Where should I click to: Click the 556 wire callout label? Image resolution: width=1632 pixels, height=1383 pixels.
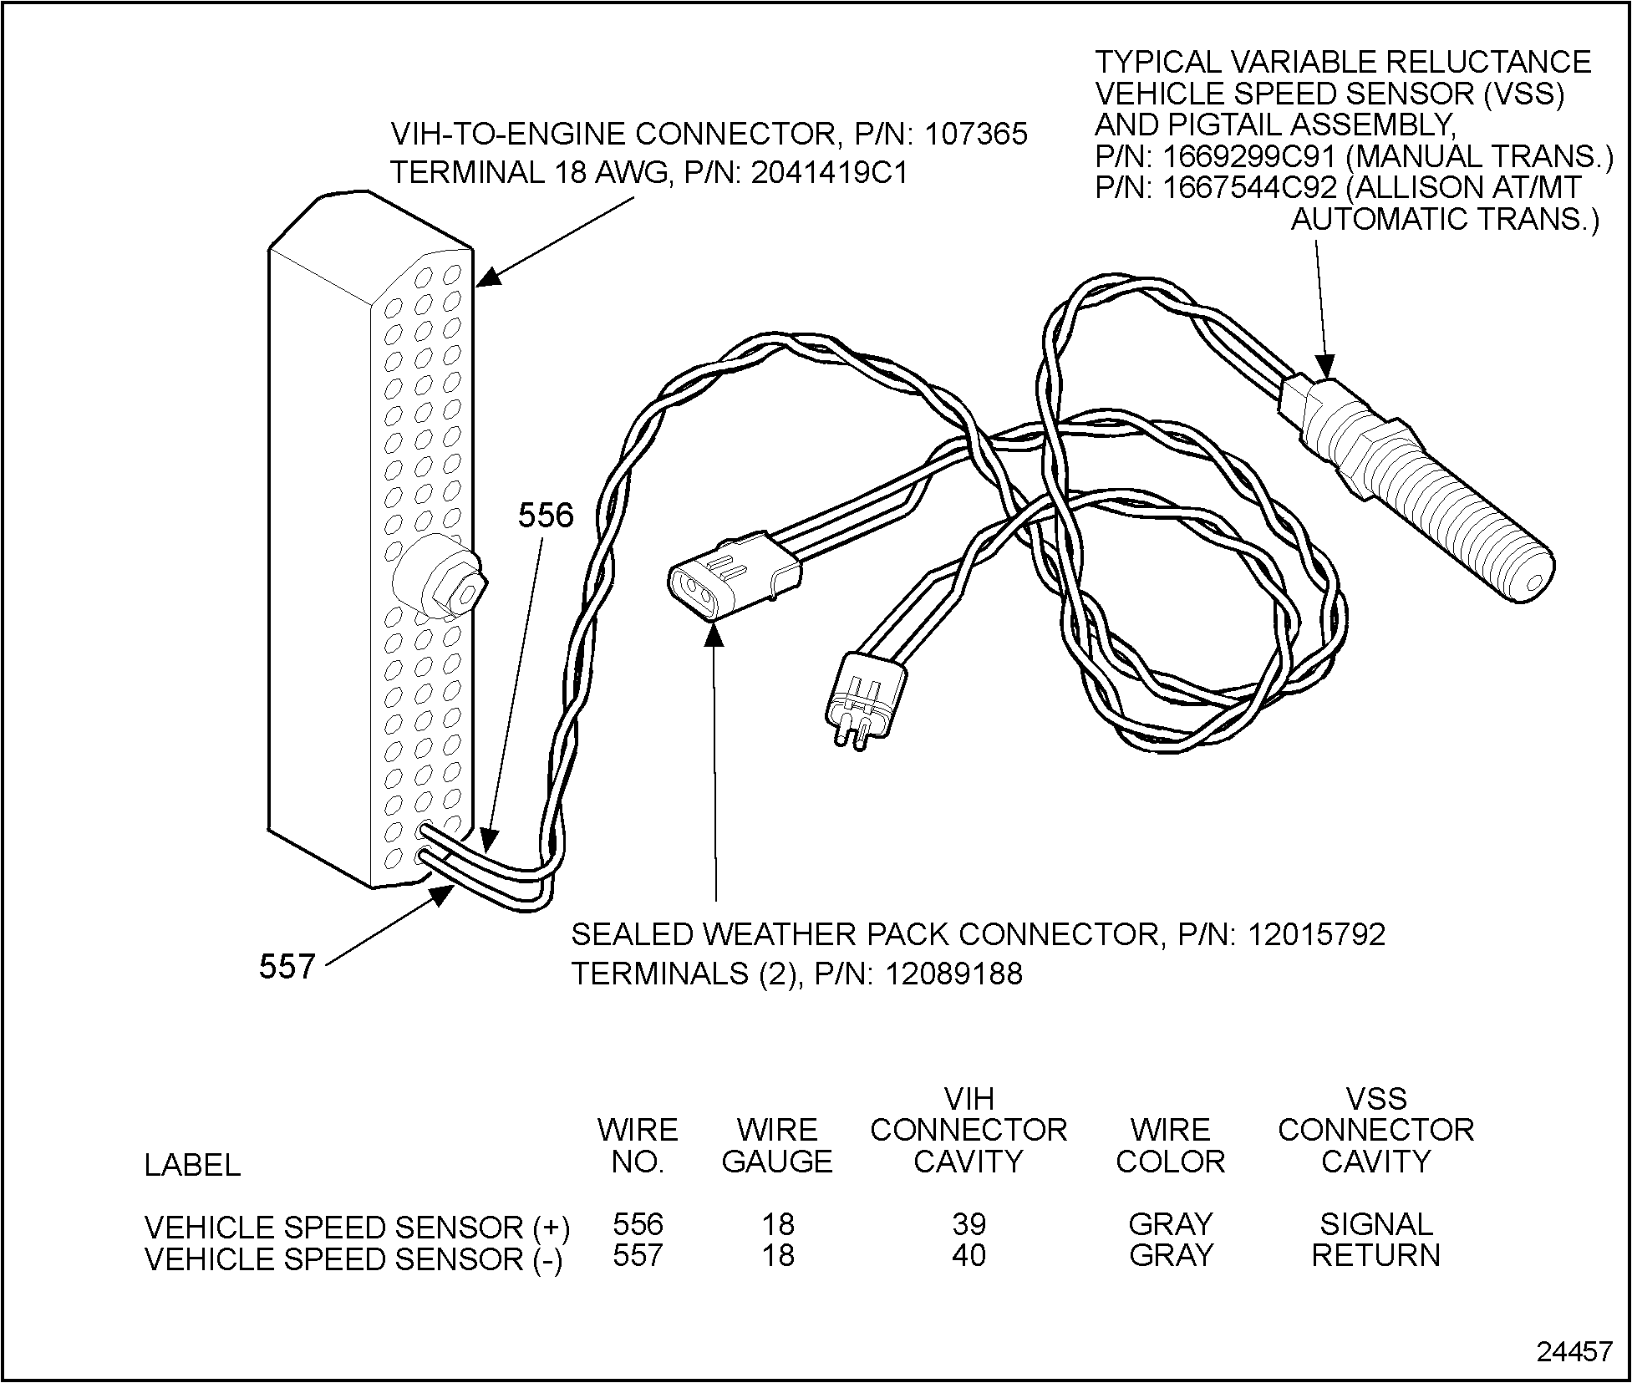(546, 516)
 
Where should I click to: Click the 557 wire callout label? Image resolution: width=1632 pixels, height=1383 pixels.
(287, 967)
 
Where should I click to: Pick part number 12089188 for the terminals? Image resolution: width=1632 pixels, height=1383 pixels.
(953, 974)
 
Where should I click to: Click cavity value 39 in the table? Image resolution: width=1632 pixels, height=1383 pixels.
(969, 1224)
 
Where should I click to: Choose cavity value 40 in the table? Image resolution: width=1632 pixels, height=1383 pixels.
(969, 1255)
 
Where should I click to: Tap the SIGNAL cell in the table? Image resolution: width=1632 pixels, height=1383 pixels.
(1375, 1224)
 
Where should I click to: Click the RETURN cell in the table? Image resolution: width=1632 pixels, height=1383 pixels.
(1375, 1255)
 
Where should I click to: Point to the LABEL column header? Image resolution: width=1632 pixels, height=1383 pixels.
(192, 1164)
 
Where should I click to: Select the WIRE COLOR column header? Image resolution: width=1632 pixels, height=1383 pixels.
(1170, 1146)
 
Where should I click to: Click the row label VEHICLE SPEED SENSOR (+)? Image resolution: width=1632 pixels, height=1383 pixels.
(357, 1227)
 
